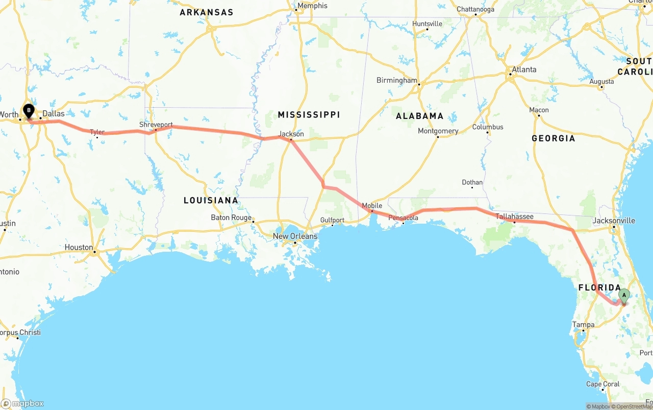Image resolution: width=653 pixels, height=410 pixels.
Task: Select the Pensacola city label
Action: coord(403,218)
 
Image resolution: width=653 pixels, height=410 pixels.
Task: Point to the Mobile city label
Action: coord(372,206)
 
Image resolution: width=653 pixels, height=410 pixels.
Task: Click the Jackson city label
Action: coord(291,134)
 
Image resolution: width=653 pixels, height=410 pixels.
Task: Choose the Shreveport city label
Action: coord(156,125)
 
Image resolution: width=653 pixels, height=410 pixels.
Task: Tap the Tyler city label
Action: coord(97,132)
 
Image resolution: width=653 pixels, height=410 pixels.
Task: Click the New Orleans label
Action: coord(295,236)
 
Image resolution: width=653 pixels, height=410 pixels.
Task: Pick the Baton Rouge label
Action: coord(231,218)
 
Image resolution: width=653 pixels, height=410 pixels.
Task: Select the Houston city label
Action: coord(79,247)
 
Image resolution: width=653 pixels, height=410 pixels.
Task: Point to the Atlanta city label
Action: coord(524,69)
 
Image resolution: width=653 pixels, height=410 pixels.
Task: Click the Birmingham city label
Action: coord(396,80)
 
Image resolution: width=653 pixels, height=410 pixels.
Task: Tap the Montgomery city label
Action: coord(438,131)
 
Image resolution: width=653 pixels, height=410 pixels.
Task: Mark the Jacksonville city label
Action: coord(614,221)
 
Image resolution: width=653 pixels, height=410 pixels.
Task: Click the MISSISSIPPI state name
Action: coord(309,115)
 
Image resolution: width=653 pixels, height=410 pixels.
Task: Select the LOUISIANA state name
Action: coord(211,200)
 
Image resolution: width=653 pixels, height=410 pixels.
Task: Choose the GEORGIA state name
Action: coord(553,138)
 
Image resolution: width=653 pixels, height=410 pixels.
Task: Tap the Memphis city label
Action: coord(312,6)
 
